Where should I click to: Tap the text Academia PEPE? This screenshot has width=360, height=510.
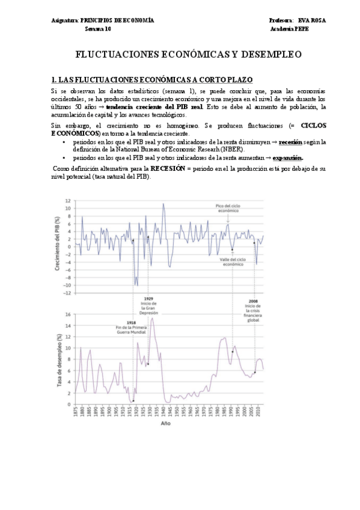[290, 28]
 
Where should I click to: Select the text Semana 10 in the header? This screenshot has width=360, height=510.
[97, 28]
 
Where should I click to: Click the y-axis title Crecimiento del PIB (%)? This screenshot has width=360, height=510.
[58, 246]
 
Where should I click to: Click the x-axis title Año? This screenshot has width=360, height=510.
[165, 423]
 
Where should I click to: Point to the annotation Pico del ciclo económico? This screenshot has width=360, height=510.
[228, 209]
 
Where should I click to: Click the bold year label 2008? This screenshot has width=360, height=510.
[253, 301]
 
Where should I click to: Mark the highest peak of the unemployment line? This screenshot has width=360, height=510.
[153, 318]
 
